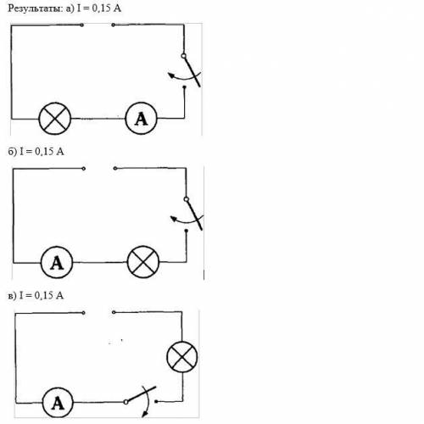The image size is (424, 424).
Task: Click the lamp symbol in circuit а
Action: click(54, 119)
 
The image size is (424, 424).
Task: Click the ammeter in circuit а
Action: click(141, 118)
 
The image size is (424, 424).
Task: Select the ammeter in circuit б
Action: click(57, 262)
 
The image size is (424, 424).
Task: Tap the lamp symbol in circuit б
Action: click(143, 262)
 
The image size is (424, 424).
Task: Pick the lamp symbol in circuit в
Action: click(182, 356)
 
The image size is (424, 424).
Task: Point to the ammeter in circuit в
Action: click(58, 403)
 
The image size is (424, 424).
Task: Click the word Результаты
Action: click(35, 8)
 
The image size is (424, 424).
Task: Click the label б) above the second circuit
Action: click(13, 152)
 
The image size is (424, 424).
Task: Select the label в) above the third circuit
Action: click(12, 296)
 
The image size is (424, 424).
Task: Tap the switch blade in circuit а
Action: click(192, 71)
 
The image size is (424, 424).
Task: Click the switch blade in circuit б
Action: click(194, 215)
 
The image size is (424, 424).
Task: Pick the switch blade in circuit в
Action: click(142, 393)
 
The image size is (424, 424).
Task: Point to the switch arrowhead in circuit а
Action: click(170, 75)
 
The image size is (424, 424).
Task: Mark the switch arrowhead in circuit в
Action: click(145, 414)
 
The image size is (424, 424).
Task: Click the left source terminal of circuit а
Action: click(82, 25)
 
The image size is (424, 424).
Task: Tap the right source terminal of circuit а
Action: click(113, 25)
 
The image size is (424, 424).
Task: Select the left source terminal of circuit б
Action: click(84, 169)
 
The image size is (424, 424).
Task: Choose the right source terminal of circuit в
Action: click(114, 312)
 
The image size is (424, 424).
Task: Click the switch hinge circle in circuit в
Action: click(126, 402)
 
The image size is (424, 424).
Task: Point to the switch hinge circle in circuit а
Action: click(183, 56)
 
